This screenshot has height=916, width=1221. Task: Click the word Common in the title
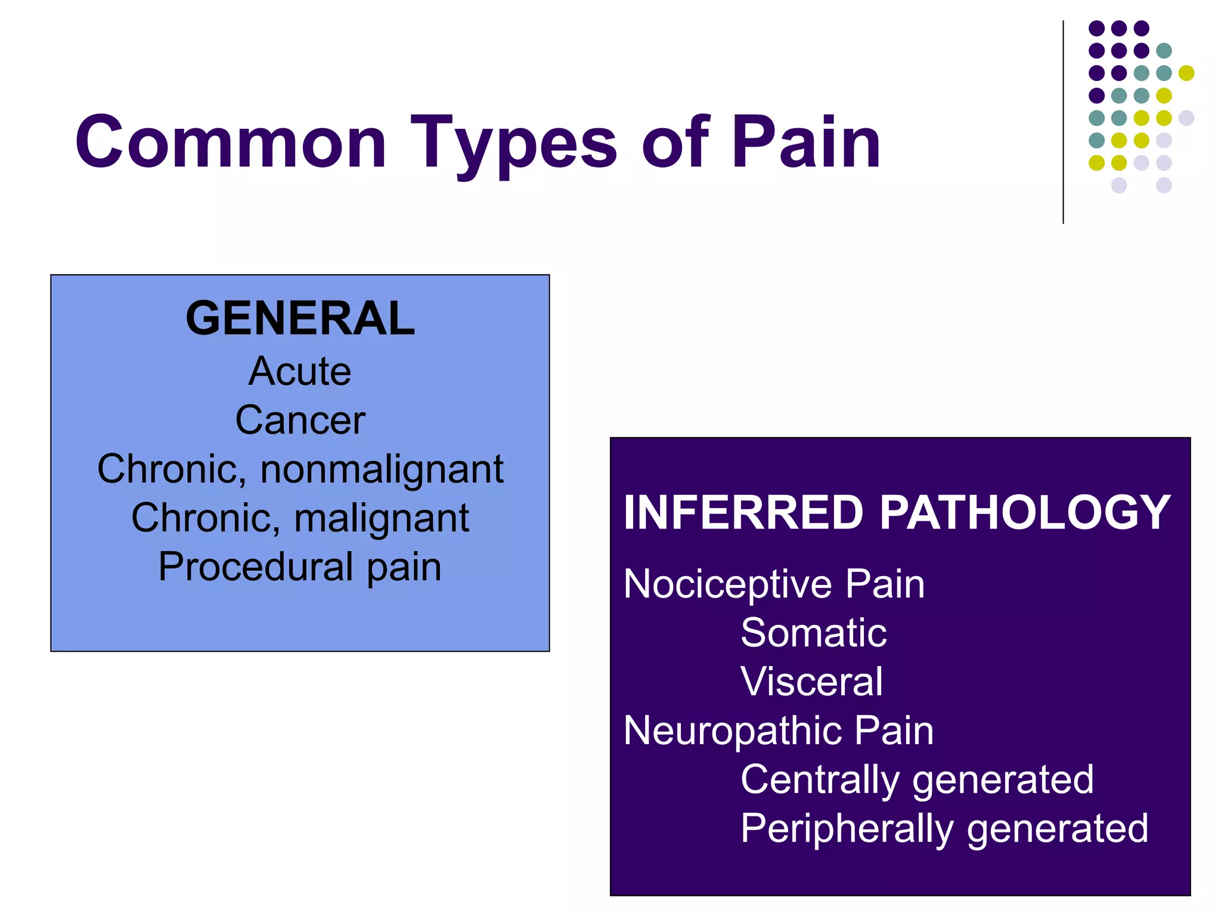click(231, 143)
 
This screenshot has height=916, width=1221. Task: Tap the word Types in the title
click(513, 146)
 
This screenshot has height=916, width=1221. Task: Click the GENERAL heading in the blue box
click(300, 318)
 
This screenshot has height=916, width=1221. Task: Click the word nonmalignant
click(382, 470)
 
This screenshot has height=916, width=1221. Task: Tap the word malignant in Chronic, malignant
click(382, 519)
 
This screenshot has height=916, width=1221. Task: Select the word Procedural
click(256, 567)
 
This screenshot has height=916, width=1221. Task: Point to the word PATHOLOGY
click(1025, 512)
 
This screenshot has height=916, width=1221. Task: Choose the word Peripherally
click(847, 829)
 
